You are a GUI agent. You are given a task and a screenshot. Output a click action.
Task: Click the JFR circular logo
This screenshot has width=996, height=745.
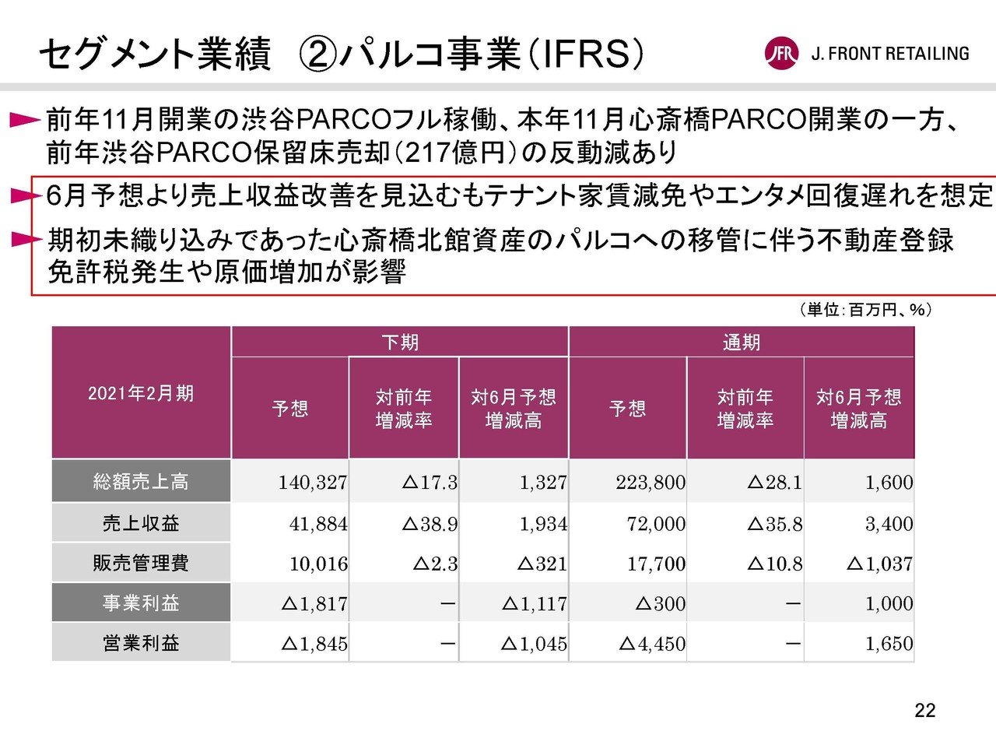[x=781, y=54]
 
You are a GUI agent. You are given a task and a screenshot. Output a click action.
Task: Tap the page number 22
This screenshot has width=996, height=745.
[x=925, y=710]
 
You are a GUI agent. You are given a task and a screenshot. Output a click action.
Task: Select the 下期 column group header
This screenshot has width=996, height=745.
[x=400, y=342]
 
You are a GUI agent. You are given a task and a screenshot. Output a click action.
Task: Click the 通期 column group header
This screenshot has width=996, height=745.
[x=741, y=342]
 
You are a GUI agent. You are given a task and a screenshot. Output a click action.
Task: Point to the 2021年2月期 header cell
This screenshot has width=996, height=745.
[x=141, y=393]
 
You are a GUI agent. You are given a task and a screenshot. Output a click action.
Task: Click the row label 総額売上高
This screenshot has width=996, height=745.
[x=141, y=482]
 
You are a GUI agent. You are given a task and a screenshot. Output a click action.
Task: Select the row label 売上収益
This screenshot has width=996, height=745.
[x=141, y=523]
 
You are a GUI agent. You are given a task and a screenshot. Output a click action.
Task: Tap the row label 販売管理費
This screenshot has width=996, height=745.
[x=141, y=563]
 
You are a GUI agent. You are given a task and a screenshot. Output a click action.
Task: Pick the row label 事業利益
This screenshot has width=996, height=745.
[x=141, y=603]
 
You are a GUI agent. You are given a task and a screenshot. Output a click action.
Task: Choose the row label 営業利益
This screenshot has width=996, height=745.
[x=141, y=643]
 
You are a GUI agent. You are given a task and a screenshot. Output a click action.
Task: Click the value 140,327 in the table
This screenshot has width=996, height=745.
[x=313, y=483]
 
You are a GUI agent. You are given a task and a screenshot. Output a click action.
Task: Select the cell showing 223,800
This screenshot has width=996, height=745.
[x=651, y=483]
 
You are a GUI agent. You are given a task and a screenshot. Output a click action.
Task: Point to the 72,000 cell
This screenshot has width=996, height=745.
[x=656, y=524]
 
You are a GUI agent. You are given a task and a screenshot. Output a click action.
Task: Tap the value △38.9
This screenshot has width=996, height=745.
[x=430, y=524]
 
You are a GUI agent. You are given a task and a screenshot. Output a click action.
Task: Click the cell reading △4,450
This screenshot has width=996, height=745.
[x=652, y=644]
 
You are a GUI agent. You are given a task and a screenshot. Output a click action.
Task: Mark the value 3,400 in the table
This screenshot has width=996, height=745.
[x=889, y=524]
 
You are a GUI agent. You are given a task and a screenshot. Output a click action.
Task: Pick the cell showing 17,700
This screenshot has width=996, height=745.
[x=656, y=564]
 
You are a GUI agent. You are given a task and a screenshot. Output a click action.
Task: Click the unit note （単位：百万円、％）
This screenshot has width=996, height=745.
[x=864, y=310]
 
